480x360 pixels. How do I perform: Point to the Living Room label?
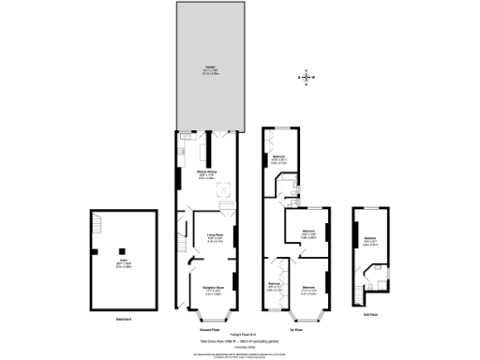tap(214, 237)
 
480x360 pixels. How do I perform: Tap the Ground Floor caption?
tap(209, 330)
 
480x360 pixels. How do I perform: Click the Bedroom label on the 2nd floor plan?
tap(369, 241)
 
